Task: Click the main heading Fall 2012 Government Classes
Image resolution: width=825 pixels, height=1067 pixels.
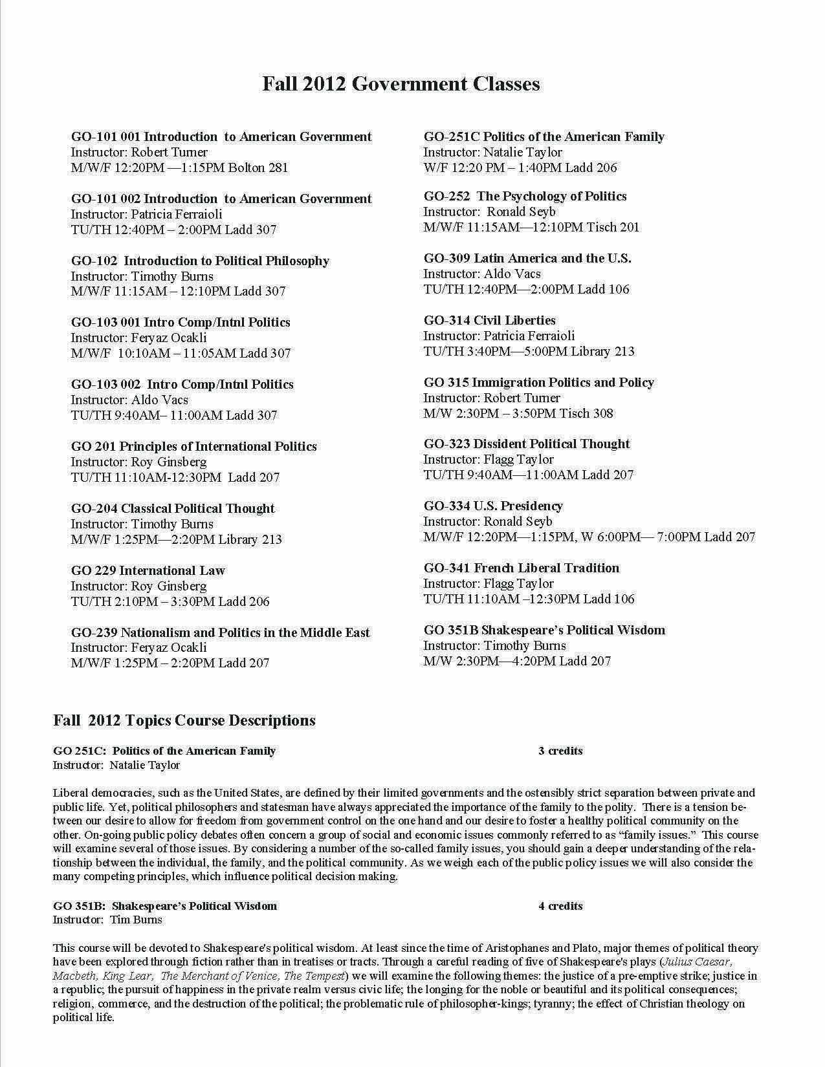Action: [x=401, y=84]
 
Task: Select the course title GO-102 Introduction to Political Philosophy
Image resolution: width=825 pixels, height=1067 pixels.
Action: [x=200, y=261]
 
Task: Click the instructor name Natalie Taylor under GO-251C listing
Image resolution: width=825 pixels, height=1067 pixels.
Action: [x=523, y=152]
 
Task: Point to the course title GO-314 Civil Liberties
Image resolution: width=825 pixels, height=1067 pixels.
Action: [x=490, y=320]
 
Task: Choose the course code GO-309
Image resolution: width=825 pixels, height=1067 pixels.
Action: [x=446, y=258]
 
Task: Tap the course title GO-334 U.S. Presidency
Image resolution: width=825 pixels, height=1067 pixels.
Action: [x=493, y=506]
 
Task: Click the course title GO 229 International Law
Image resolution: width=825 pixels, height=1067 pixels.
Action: [x=148, y=570]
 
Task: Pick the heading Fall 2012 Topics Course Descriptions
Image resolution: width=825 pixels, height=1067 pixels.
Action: [x=184, y=720]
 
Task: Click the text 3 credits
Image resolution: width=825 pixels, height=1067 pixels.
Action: [x=560, y=751]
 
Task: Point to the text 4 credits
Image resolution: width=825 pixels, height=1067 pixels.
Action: [x=560, y=906]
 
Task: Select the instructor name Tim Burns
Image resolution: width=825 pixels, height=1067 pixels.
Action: [x=136, y=920]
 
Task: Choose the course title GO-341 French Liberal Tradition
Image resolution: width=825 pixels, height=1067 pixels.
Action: [x=522, y=568]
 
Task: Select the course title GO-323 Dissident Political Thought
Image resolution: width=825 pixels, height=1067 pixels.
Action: [x=527, y=444]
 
